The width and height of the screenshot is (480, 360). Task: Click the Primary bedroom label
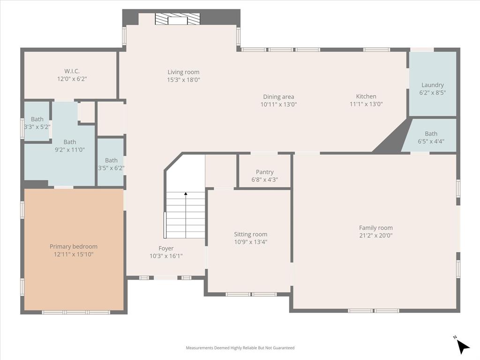(x=74, y=247)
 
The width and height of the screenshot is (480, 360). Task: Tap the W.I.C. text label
(x=72, y=71)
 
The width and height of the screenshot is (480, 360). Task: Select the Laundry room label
(x=432, y=85)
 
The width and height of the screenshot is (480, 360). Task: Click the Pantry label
(x=265, y=172)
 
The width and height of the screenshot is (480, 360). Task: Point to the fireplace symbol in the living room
(x=177, y=19)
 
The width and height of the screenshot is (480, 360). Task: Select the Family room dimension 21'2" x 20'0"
(x=376, y=236)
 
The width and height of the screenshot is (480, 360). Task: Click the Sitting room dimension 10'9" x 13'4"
(x=251, y=242)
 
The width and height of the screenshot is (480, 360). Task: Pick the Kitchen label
(x=366, y=97)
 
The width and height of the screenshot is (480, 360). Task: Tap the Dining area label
(x=278, y=97)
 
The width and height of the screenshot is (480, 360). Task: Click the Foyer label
(x=166, y=248)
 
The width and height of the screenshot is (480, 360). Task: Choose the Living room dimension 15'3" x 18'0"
(x=184, y=80)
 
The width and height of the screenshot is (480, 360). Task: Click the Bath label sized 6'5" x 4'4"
(x=431, y=134)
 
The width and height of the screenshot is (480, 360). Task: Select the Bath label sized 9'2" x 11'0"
(x=70, y=142)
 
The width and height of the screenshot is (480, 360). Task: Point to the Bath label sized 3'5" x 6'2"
(x=111, y=160)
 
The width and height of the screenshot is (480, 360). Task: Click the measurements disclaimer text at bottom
(x=240, y=348)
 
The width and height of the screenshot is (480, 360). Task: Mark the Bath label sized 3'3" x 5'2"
(x=37, y=119)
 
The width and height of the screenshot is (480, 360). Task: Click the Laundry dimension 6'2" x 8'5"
(x=432, y=92)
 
